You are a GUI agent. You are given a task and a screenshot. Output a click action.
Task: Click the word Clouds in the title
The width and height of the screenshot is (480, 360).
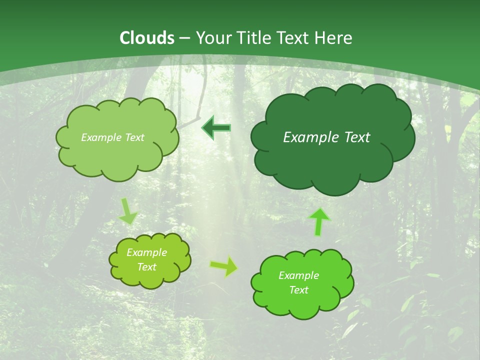click(x=147, y=38)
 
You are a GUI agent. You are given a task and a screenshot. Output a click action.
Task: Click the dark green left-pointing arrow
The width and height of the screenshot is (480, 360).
click(x=216, y=128)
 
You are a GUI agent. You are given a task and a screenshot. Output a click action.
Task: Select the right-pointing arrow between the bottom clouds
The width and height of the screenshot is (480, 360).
click(x=224, y=266)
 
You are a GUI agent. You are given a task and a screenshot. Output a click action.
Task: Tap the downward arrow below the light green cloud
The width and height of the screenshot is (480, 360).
click(x=128, y=211)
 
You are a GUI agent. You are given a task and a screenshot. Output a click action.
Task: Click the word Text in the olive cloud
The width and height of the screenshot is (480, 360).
click(x=146, y=267)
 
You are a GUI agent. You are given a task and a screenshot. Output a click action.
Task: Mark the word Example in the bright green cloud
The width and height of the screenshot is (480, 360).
click(x=298, y=275)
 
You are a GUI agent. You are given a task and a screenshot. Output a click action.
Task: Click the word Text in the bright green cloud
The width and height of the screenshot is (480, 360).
click(x=298, y=290)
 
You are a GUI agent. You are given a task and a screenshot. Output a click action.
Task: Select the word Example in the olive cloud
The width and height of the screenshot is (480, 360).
click(x=146, y=252)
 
